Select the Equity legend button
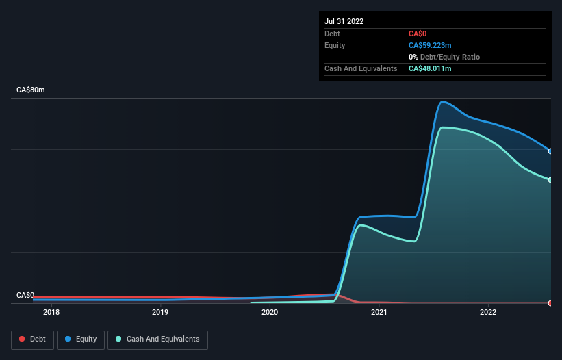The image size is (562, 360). [81, 339]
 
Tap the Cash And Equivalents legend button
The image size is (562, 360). [157, 339]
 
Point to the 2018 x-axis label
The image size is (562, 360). [51, 313]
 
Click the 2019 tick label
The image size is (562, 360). [160, 313]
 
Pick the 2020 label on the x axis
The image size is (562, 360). [270, 313]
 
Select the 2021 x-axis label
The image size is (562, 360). [379, 313]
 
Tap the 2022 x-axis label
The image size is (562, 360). [488, 313]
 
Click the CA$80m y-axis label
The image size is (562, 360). [30, 90]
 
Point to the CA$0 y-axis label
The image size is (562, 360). [25, 295]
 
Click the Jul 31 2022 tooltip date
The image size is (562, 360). [344, 21]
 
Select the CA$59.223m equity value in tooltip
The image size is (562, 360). [430, 45]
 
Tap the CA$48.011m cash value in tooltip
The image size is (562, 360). [430, 68]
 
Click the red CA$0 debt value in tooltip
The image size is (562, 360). [419, 34]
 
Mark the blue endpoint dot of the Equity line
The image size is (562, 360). [550, 151]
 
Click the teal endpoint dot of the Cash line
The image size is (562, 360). [550, 180]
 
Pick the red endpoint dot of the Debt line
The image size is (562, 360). [550, 303]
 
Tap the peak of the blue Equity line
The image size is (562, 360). [443, 102]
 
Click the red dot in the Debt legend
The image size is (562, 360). [23, 339]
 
